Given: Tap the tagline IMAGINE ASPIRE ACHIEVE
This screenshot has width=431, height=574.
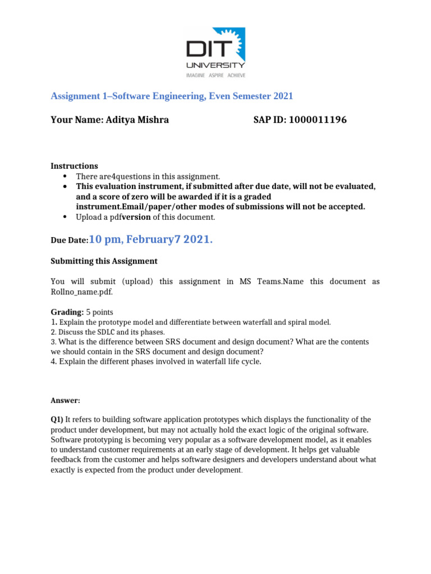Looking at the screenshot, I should (x=215, y=75).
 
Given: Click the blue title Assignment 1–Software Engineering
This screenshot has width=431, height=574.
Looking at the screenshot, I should (x=172, y=96).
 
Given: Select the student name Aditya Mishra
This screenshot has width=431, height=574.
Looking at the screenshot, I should (x=137, y=119).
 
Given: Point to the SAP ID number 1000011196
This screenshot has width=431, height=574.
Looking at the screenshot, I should (x=318, y=119).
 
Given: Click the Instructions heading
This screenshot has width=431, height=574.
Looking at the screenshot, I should (x=74, y=166).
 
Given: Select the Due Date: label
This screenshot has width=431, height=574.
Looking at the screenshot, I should (x=70, y=240).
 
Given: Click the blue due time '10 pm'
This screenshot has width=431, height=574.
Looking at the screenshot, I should (x=106, y=239).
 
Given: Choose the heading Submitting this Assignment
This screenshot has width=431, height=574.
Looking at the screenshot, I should (x=104, y=261).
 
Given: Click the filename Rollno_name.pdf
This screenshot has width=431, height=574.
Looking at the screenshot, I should (x=77, y=291).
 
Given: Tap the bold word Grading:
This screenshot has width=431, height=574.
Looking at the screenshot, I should (x=67, y=312).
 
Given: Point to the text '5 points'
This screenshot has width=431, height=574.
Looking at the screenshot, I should (x=99, y=312).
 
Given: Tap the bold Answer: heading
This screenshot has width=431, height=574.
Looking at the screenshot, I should (x=65, y=400).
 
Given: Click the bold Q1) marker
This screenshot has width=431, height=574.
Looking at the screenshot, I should (x=57, y=420).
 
